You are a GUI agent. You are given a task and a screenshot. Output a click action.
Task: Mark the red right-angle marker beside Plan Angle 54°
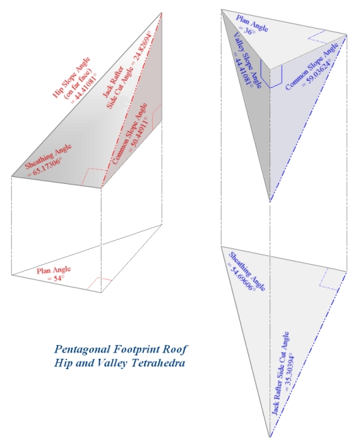click(104, 284)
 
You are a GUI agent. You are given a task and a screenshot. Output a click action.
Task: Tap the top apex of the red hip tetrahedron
click(163, 12)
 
